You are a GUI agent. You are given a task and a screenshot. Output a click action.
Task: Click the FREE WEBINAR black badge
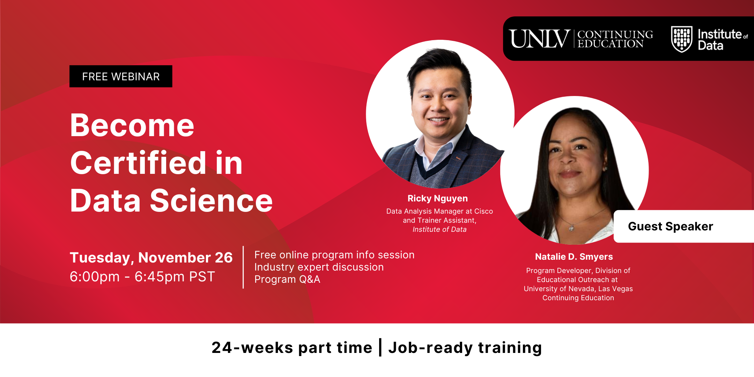click(121, 76)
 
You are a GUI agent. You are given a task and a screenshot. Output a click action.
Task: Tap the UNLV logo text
click(539, 39)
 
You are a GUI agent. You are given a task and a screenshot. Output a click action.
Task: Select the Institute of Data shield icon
click(681, 39)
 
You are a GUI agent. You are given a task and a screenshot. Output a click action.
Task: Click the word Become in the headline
click(132, 126)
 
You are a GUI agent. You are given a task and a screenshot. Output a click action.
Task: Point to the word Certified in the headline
click(139, 163)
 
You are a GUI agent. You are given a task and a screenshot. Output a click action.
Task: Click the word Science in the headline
click(211, 201)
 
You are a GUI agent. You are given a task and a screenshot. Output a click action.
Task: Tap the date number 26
click(224, 258)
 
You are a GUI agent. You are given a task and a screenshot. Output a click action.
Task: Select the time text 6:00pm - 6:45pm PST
click(142, 276)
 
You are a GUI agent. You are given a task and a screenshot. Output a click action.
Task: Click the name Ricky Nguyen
click(438, 198)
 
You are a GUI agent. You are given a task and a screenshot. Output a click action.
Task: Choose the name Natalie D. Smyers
click(574, 257)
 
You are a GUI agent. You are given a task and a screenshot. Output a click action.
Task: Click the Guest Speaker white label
click(684, 226)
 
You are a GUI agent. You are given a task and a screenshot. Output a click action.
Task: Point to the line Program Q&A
click(287, 279)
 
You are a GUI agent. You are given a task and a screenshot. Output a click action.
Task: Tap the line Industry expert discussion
click(319, 267)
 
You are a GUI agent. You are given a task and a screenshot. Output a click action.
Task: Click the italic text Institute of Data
click(439, 229)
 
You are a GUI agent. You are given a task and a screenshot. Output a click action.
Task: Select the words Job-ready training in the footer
click(465, 348)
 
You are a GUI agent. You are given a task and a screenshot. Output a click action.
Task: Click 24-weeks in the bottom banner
click(252, 348)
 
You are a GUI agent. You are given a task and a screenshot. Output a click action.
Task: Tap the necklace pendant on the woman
click(571, 228)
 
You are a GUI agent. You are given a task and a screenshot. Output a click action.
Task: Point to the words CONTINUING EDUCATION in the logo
click(615, 39)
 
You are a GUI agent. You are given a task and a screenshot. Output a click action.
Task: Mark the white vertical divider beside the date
click(243, 267)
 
